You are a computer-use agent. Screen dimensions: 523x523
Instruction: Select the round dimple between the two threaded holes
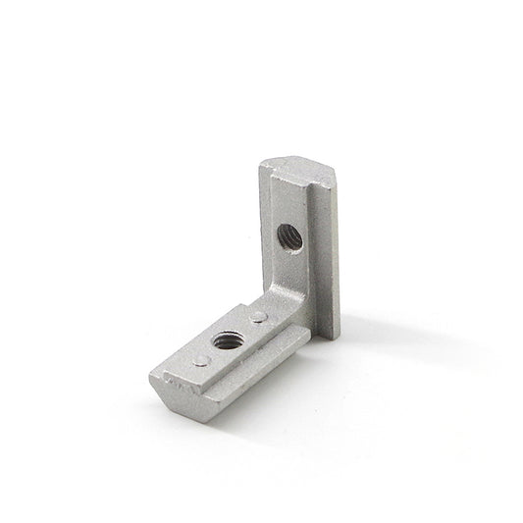point(257,316)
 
